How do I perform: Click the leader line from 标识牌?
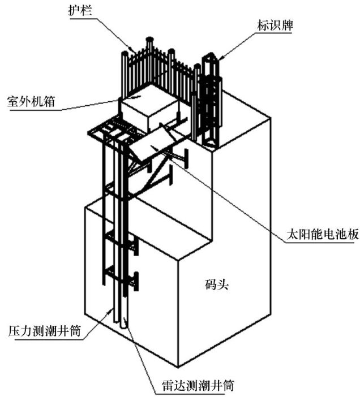click(x=238, y=42)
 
